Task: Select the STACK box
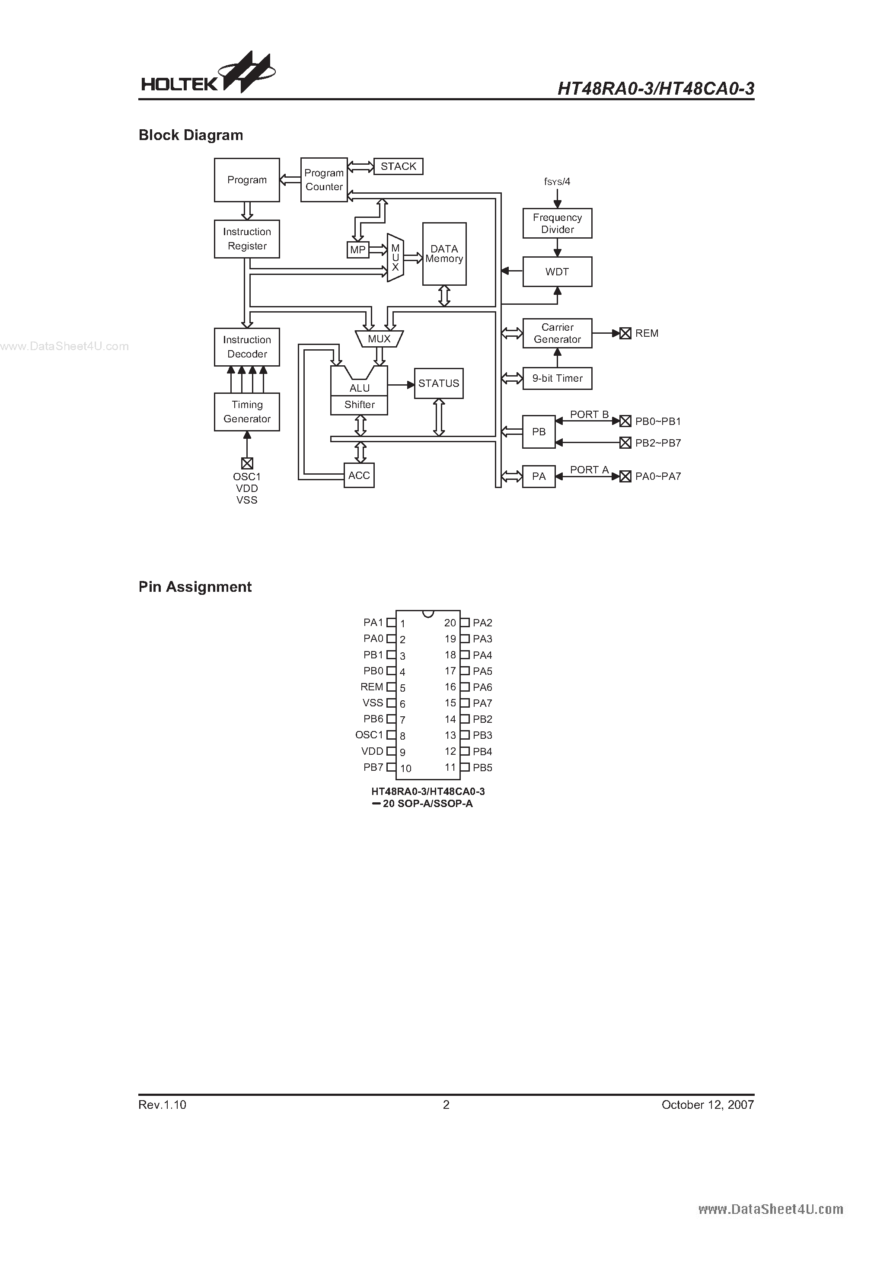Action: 398,166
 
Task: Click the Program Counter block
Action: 324,179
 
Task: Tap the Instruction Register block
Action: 247,239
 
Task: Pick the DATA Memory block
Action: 444,254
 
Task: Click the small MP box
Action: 358,250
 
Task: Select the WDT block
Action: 557,271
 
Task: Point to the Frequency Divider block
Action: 557,223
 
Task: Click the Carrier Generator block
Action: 557,333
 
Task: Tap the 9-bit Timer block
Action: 557,378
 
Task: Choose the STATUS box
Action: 438,383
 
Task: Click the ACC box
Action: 359,475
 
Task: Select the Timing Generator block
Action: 247,412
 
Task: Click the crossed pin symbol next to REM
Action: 625,333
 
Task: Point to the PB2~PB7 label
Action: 658,443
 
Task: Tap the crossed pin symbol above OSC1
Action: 247,463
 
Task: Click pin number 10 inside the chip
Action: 406,769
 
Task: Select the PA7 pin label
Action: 482,703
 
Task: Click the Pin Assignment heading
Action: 195,587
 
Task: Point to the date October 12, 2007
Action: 708,1104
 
